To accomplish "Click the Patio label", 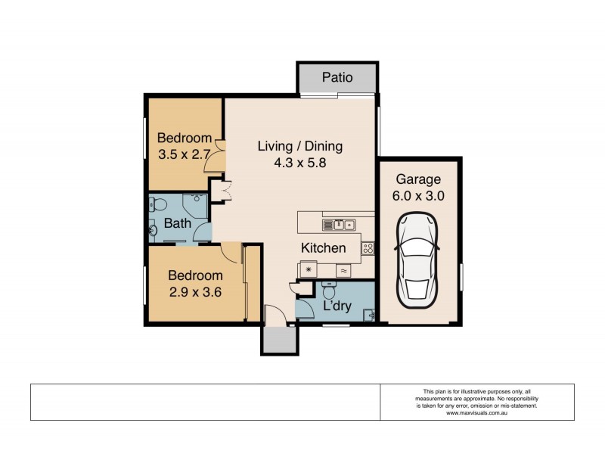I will [x=337, y=77].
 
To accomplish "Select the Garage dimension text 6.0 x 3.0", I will [x=418, y=195].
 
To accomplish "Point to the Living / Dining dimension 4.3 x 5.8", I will [x=300, y=162].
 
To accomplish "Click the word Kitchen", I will [x=323, y=248].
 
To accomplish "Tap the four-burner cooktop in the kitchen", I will [x=368, y=247].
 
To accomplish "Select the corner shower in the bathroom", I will [x=197, y=206].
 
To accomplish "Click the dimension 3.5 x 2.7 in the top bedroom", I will [x=184, y=154].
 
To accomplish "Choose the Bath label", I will [x=177, y=224].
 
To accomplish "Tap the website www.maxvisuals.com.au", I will [x=476, y=413].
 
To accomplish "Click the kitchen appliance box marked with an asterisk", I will [x=308, y=269].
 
